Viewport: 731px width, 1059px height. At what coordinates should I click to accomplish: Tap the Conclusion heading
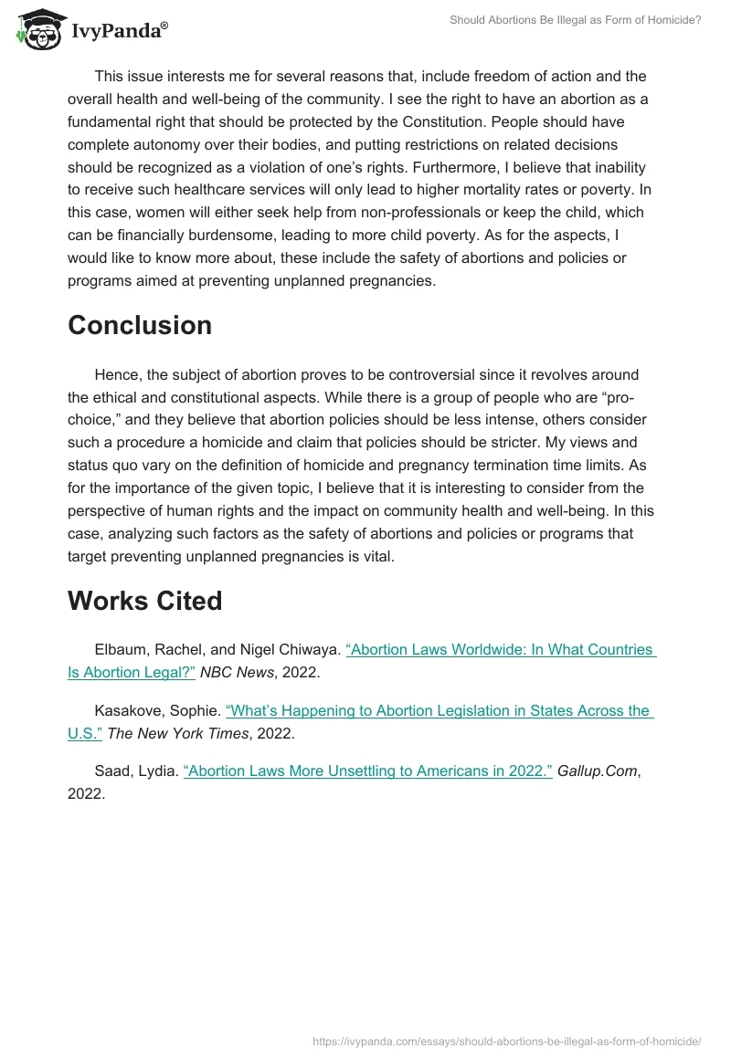pos(140,325)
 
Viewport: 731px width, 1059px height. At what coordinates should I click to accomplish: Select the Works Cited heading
pos(144,601)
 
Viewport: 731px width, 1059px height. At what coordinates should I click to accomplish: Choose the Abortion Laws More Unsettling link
pos(368,771)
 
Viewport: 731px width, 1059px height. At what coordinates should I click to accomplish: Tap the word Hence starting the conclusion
pos(117,375)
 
